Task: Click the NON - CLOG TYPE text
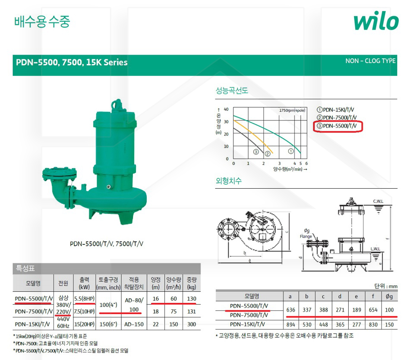click(x=370, y=61)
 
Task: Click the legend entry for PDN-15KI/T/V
click(x=335, y=110)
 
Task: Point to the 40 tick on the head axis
click(x=226, y=109)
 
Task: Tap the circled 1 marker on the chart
click(x=291, y=151)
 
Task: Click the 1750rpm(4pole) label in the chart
click(x=292, y=111)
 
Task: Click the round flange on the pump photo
click(x=60, y=174)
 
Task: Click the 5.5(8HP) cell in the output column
click(x=85, y=299)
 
